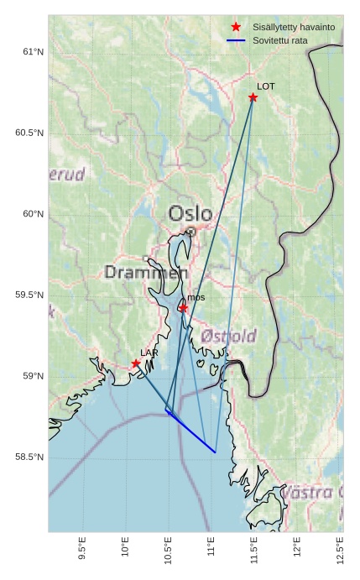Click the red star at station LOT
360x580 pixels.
[x=253, y=97]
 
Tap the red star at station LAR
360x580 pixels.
[x=136, y=363]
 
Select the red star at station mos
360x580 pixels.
[x=183, y=308]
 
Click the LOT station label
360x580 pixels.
[x=266, y=86]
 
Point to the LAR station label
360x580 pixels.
[x=149, y=353]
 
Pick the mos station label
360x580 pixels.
[x=196, y=297]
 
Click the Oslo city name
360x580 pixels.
[x=190, y=213]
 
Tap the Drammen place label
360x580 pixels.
[x=146, y=273]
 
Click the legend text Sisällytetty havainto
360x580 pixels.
[x=294, y=27]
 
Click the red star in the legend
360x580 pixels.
[x=236, y=27]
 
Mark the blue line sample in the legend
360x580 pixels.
[x=236, y=40]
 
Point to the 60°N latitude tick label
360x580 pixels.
[x=32, y=214]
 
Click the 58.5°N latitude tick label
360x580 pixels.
[x=29, y=457]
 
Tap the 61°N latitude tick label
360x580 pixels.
[x=32, y=52]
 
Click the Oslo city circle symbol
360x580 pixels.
[x=190, y=232]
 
